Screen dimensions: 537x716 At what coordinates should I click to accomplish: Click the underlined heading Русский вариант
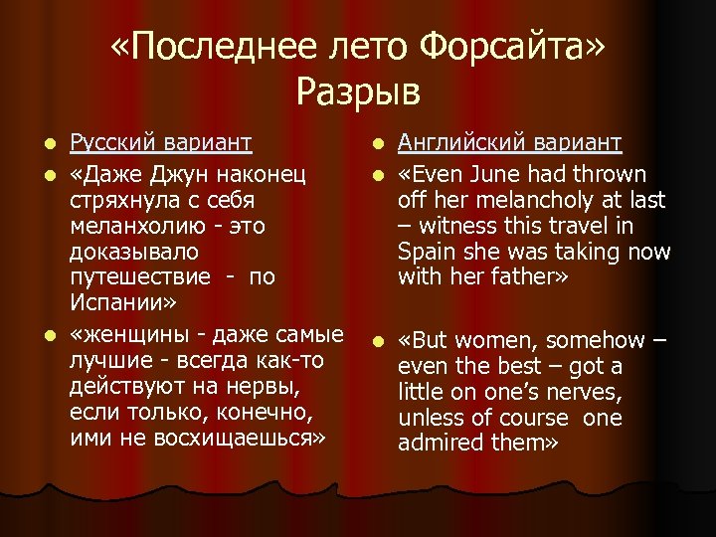coord(160,144)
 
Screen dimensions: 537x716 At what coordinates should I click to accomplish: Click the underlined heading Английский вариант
coord(510,144)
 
